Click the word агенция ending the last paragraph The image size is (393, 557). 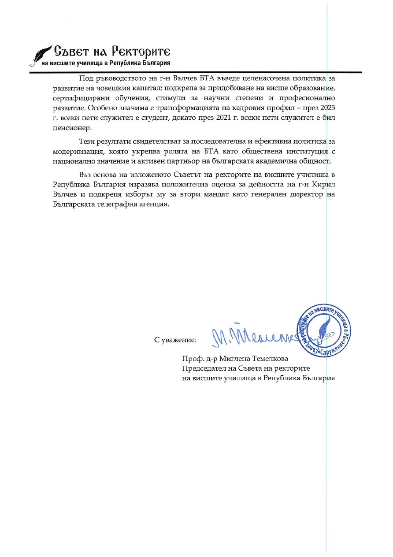[x=153, y=205]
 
